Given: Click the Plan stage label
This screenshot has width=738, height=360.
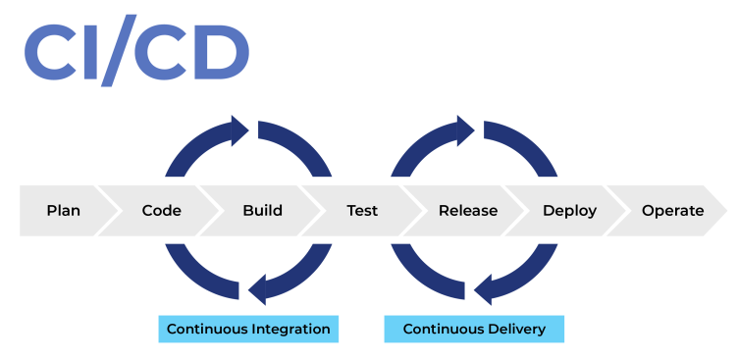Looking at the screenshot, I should point(63,211).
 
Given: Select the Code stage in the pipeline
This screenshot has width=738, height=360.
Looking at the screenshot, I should point(161,211).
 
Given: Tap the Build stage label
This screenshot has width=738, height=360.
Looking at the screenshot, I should point(262,211).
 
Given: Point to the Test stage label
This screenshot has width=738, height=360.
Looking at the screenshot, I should point(362,211).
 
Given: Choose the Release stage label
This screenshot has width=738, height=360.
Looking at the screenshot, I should point(467,211).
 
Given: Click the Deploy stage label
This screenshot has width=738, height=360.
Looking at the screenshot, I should point(569,211).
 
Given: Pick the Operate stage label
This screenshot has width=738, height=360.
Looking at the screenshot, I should point(672,211).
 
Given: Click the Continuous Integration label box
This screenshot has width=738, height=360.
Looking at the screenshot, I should point(248,329).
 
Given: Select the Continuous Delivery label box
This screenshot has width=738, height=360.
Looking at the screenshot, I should point(474,329).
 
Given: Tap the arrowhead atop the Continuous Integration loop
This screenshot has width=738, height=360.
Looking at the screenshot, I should point(238,129).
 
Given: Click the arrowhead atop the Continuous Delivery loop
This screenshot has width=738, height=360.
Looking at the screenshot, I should point(465,129).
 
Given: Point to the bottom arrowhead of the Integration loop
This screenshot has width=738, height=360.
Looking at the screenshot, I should point(258,290).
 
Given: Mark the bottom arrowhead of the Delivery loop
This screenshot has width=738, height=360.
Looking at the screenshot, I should point(484,290).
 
